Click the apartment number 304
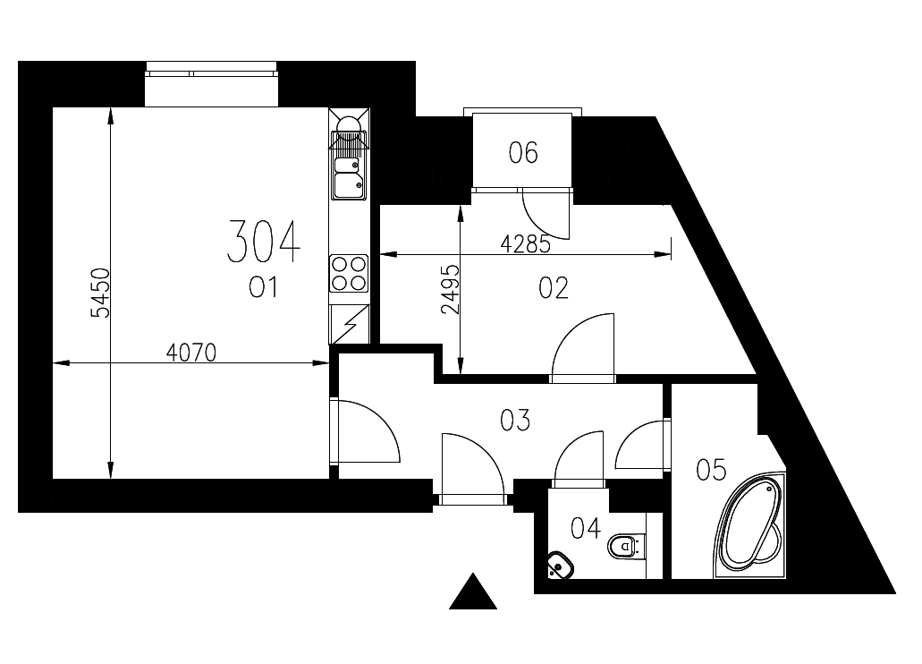pyautogui.click(x=264, y=241)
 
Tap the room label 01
pyautogui.click(x=264, y=288)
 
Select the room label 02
pyautogui.click(x=554, y=288)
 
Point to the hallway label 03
pyautogui.click(x=515, y=420)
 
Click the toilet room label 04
pyautogui.click(x=585, y=528)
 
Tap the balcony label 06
pyautogui.click(x=523, y=153)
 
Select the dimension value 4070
pyautogui.click(x=191, y=353)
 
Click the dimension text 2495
pyautogui.click(x=451, y=289)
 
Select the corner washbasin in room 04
pyautogui.click(x=561, y=565)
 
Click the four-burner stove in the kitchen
pyautogui.click(x=349, y=273)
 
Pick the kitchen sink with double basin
pyautogui.click(x=348, y=177)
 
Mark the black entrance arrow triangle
pyautogui.click(x=472, y=592)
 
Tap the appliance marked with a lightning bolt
pyautogui.click(x=349, y=323)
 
